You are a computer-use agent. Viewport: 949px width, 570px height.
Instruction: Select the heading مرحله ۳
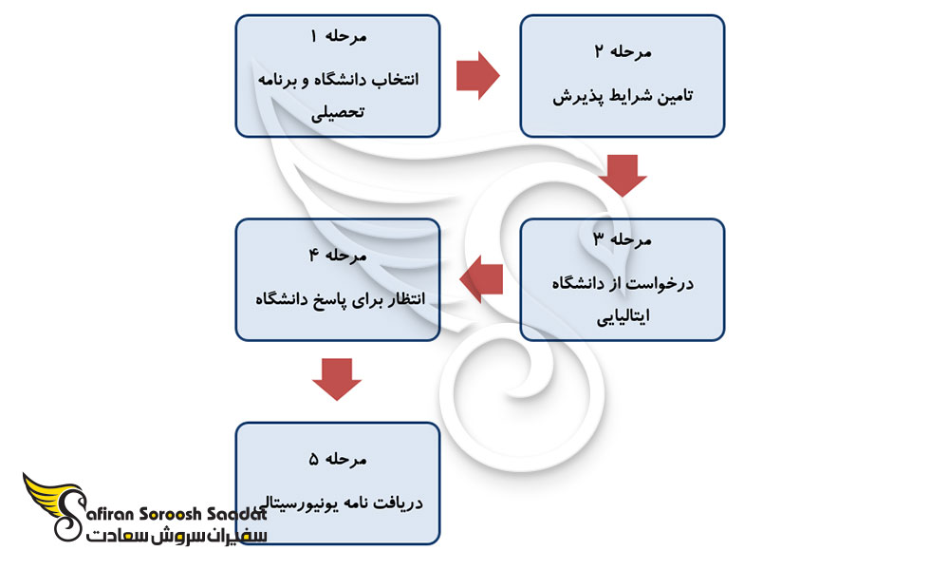pos(622,240)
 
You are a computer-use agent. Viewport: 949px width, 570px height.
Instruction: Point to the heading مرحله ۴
pos(337,256)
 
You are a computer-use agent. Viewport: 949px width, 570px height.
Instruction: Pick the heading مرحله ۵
pos(337,460)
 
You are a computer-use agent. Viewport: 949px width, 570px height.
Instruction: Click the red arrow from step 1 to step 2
pos(478,76)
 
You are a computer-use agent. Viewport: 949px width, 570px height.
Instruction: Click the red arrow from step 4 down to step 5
pos(337,377)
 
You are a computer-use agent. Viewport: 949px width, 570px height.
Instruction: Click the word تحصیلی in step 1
pos(338,115)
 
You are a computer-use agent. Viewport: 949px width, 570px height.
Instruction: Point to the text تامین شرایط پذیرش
pos(622,96)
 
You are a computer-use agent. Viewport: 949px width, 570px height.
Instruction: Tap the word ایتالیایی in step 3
pos(622,318)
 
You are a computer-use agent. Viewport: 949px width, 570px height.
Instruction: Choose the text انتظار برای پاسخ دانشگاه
pos(338,299)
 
